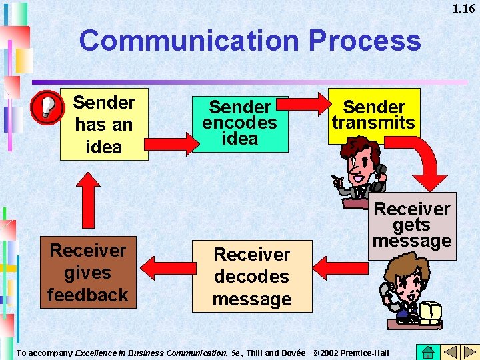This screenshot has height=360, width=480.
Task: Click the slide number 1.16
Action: point(463,9)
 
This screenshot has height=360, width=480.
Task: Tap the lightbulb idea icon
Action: point(45,107)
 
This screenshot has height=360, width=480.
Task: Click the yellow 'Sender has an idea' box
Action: point(104,125)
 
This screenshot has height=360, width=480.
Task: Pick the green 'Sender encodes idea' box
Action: point(240,124)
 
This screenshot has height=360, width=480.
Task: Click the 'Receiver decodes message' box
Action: point(252,276)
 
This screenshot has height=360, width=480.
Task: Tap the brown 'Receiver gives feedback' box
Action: point(87,272)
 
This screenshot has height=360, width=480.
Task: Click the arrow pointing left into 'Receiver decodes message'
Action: point(340,267)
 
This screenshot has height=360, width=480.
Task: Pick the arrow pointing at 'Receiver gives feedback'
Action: point(163,267)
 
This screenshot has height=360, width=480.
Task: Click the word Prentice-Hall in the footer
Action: point(365,352)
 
